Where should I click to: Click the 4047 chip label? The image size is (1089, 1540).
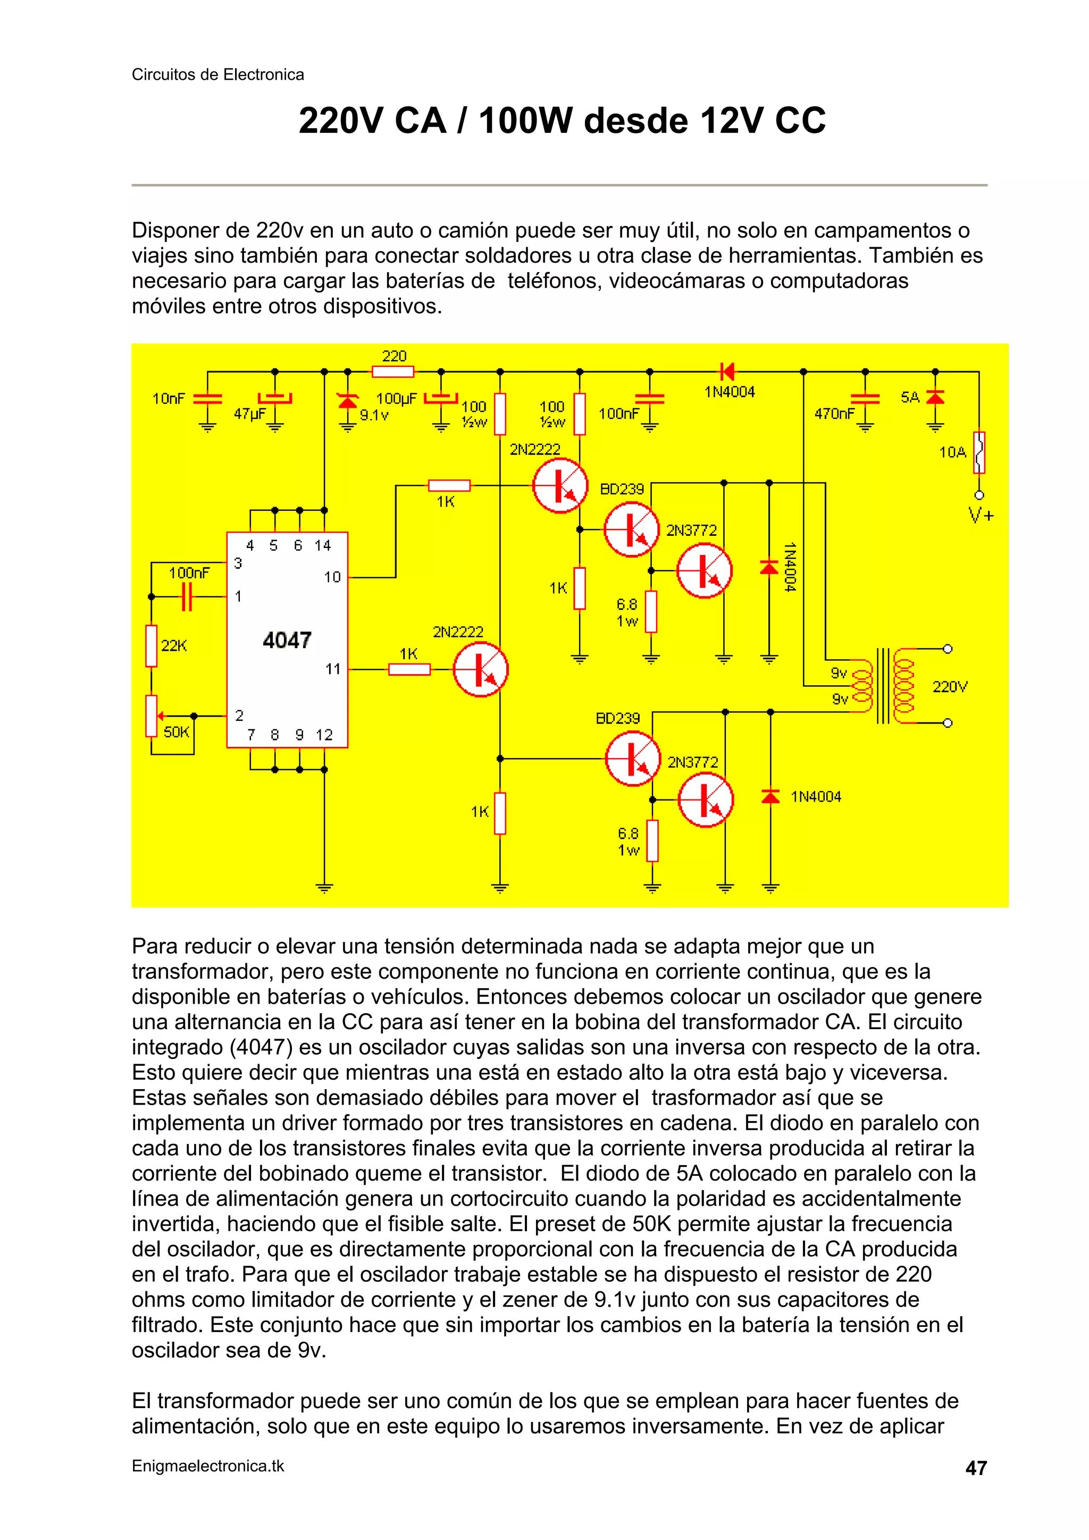point(287,640)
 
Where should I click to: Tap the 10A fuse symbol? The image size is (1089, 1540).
point(979,452)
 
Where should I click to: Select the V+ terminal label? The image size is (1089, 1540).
point(981,515)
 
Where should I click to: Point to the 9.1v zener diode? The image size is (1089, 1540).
point(347,401)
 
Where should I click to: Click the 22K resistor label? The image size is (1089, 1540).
point(174,646)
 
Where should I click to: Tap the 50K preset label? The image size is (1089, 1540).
point(176,732)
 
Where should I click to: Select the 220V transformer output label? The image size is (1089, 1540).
point(950,686)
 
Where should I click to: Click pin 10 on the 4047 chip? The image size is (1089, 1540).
point(333,577)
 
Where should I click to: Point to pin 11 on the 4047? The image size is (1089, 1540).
point(333,669)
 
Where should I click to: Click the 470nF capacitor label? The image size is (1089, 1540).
point(834,414)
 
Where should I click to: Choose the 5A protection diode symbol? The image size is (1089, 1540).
point(935,398)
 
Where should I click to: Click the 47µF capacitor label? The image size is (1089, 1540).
point(249,414)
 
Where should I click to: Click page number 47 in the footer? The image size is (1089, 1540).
point(976,1468)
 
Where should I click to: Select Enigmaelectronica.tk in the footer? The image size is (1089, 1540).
point(208,1466)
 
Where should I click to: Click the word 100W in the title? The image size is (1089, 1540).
point(526,121)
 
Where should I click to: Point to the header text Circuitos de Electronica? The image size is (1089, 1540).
point(217,74)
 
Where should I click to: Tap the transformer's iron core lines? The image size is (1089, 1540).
point(884,686)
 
